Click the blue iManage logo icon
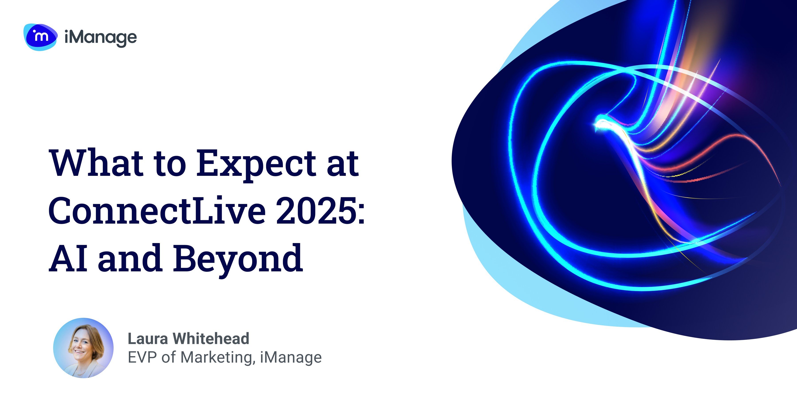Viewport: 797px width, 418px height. pos(40,37)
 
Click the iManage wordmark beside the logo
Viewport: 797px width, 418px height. pos(101,38)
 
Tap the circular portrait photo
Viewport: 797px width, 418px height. pos(83,348)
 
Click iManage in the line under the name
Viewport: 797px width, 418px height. pos(291,357)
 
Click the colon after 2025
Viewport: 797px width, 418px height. pos(361,213)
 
